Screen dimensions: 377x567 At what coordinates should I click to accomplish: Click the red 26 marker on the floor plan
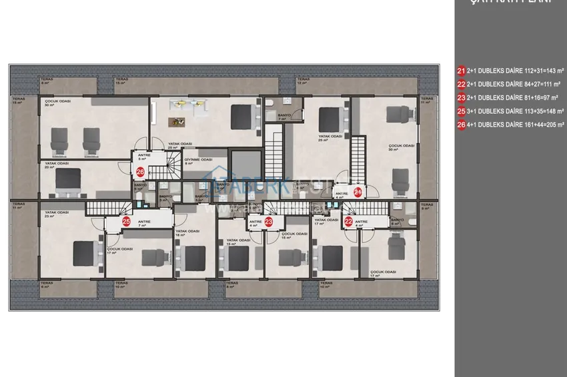[x=140, y=172]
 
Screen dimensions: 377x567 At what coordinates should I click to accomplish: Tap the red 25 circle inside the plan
[x=126, y=221]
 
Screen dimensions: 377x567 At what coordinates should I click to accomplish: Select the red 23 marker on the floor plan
[x=269, y=222]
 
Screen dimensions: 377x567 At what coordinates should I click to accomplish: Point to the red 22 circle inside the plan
[x=348, y=222]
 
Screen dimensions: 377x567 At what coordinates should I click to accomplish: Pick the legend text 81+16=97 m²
[x=531, y=97]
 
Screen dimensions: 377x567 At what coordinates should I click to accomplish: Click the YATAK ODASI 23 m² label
[x=57, y=214]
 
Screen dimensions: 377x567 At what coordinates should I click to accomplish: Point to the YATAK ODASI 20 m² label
[x=58, y=165]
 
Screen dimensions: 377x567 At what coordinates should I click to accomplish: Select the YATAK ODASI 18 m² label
[x=188, y=232]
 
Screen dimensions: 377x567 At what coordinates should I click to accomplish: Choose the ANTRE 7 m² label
[x=143, y=223]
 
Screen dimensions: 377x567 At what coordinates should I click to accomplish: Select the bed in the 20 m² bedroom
[x=67, y=180]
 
